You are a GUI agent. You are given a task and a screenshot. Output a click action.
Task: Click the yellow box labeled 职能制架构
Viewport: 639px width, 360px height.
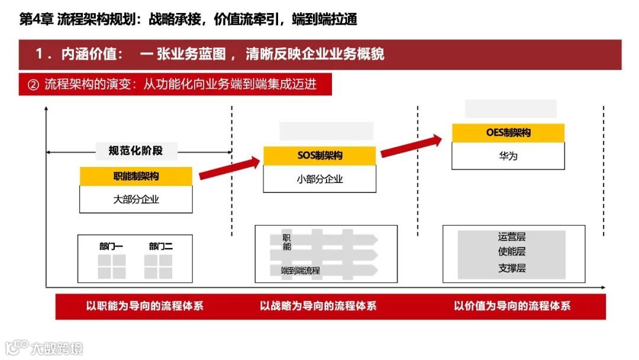136,176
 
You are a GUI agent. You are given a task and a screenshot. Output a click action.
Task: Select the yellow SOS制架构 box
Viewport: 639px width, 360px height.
319,156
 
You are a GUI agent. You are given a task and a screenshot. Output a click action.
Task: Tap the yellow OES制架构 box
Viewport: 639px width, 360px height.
508,133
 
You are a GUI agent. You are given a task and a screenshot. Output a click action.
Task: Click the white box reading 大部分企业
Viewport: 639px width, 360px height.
136,200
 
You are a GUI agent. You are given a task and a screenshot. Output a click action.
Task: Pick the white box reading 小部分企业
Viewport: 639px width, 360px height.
319,179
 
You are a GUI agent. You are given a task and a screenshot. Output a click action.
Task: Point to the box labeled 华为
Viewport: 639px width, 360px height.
508,156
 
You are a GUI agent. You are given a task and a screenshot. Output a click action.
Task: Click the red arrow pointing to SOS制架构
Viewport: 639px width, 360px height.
230,168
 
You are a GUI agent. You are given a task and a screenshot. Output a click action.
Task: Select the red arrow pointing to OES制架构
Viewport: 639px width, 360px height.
411,147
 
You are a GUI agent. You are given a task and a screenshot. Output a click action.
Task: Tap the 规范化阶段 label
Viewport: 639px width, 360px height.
135,151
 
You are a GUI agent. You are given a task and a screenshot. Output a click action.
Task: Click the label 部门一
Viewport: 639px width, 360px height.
111,246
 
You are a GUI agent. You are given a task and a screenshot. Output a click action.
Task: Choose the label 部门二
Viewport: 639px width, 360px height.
161,246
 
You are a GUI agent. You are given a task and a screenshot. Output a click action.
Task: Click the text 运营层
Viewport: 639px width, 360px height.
512,237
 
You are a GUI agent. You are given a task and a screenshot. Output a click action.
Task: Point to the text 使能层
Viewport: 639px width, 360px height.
512,252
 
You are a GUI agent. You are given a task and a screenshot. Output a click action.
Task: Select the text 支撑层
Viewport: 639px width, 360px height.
512,268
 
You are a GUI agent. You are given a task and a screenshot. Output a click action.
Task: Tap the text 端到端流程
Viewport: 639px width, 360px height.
301,271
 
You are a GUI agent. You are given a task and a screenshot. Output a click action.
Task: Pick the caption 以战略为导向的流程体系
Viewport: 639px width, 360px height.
318,306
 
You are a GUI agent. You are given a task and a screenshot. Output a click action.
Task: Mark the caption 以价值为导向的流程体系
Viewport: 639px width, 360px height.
512,306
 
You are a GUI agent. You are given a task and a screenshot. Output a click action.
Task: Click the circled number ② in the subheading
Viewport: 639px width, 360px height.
33,84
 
